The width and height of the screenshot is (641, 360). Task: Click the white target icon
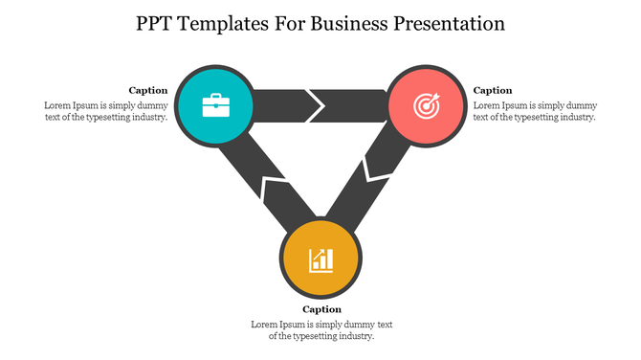click(427, 104)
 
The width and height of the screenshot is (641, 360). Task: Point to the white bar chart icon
click(320, 259)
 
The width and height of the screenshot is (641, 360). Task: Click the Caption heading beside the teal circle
click(148, 90)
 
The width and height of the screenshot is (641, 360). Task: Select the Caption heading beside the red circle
click(493, 90)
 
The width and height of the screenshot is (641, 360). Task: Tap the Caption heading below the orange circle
click(321, 309)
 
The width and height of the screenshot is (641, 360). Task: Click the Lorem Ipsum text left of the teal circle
click(106, 110)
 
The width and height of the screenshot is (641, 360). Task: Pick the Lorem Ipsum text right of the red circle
click(535, 110)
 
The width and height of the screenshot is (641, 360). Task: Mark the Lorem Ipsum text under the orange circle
click(321, 329)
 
